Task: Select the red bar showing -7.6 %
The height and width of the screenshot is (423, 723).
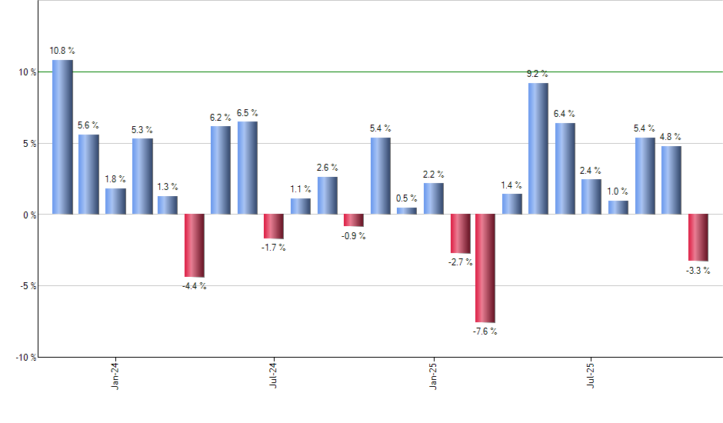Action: coord(485,268)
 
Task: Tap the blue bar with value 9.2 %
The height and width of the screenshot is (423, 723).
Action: coord(538,148)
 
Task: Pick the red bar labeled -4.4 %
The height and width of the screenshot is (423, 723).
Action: coord(194,245)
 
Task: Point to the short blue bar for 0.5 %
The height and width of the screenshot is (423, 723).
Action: coord(407,211)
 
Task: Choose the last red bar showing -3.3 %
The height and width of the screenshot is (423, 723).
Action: coord(698,238)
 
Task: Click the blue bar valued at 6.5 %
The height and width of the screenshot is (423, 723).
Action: coord(248,168)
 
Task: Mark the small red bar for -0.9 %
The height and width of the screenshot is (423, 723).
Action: coord(353,220)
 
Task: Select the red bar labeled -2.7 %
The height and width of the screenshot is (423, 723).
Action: coord(460,233)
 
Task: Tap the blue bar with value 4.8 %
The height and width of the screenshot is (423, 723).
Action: coord(671,180)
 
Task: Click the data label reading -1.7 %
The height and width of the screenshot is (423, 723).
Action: coord(274,248)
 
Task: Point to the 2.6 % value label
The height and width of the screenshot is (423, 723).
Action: coord(327,168)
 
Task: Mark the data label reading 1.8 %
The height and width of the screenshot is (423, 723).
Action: coord(115,179)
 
